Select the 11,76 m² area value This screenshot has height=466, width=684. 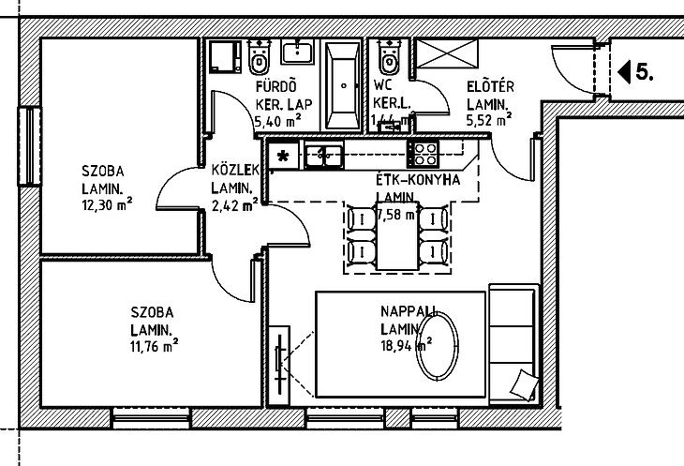tap(154, 346)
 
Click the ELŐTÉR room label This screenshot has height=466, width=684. tap(490, 87)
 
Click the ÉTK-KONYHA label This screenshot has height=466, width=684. tap(417, 180)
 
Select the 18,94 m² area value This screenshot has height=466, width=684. tap(406, 345)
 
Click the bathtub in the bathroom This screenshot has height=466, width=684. tap(341, 86)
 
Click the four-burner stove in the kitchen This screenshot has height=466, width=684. tap(424, 151)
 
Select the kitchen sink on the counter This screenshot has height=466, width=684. tap(324, 153)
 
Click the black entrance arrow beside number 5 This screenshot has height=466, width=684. tap(624, 71)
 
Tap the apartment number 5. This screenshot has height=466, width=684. tap(644, 71)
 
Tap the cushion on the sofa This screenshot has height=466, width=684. tap(524, 383)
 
